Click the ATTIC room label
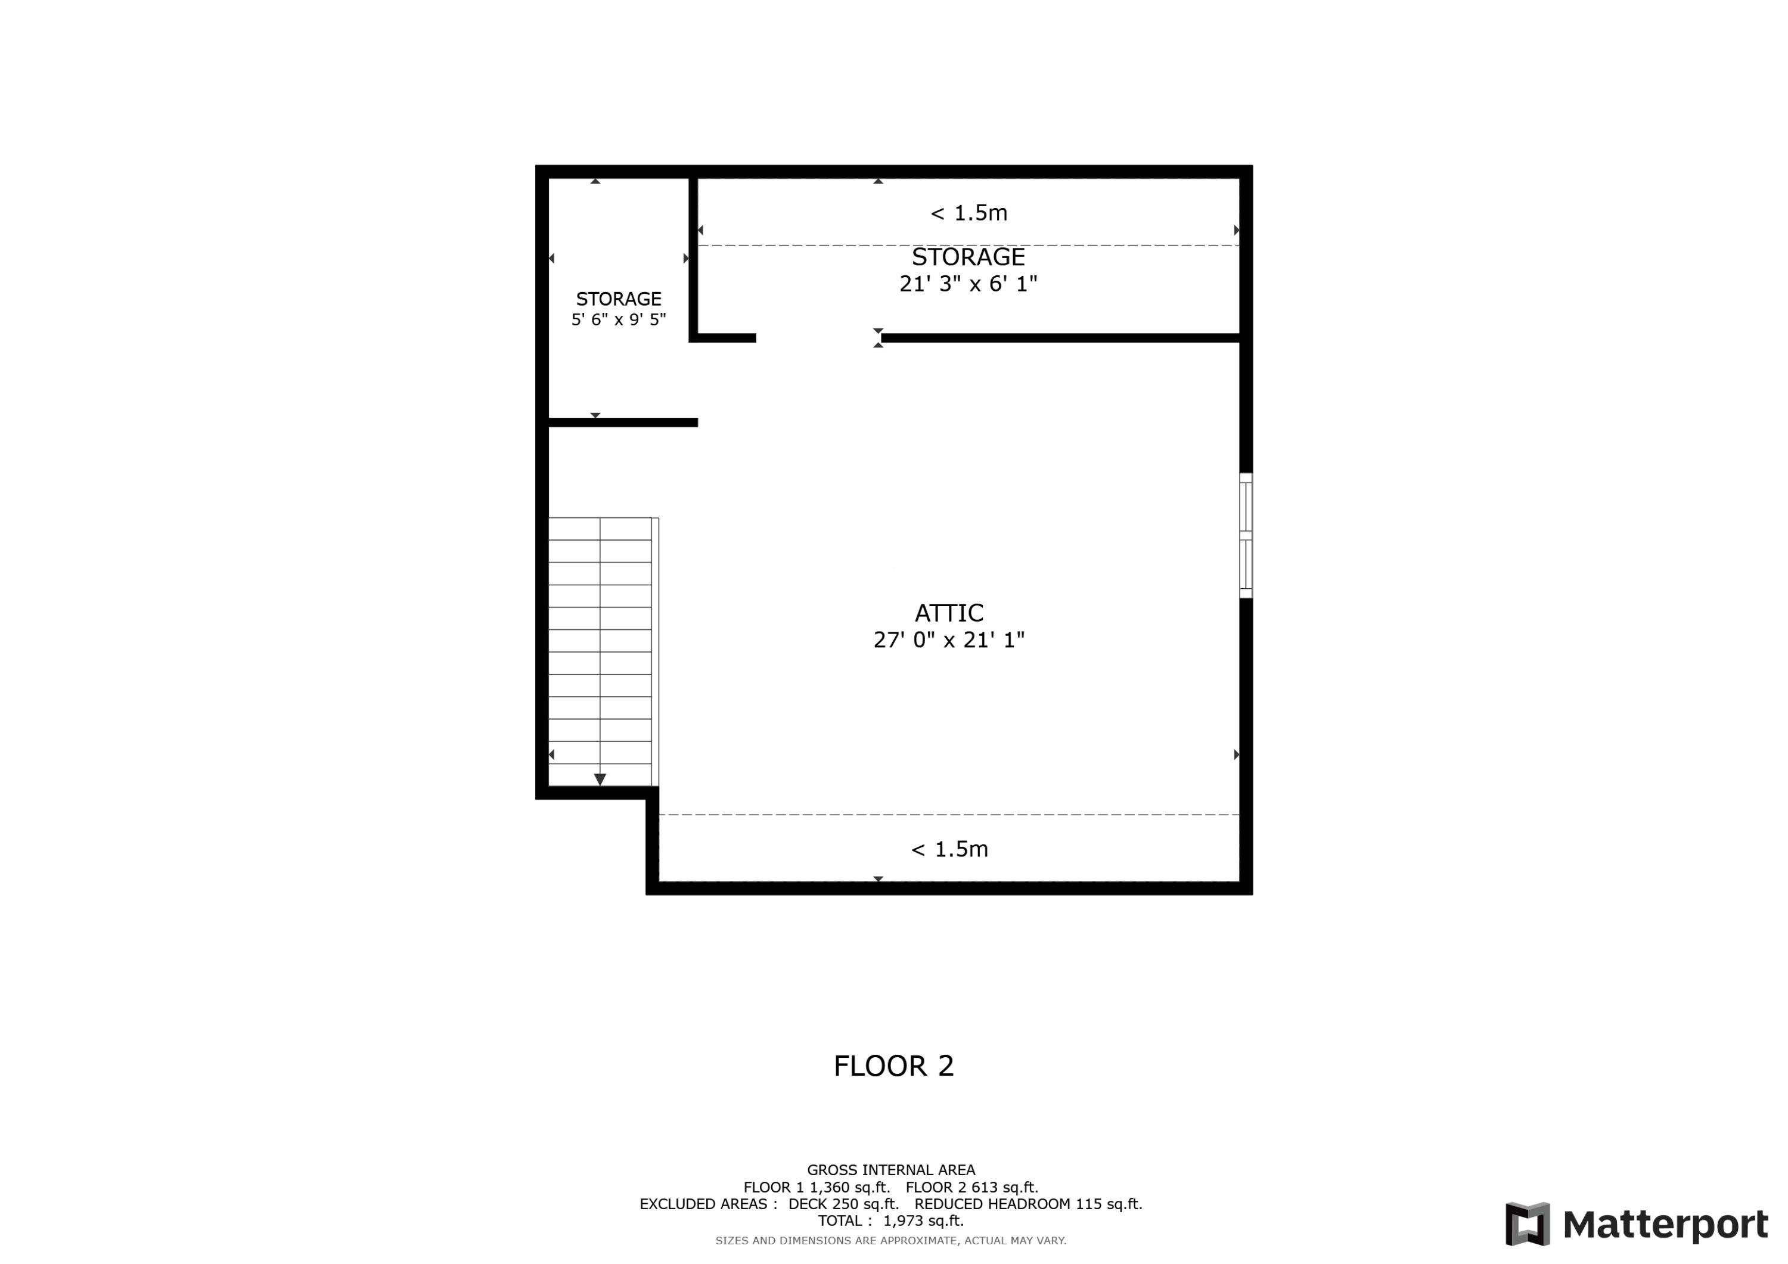coord(948,613)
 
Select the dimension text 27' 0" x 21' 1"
coord(948,640)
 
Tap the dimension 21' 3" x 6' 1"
coord(968,284)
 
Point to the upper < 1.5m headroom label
coord(968,213)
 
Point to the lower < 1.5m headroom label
coord(949,849)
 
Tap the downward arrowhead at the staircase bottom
coord(600,779)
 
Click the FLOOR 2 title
coord(893,1066)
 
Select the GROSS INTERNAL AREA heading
coord(891,1170)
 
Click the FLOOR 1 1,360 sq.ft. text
coord(816,1188)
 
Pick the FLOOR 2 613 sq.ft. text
coord(972,1188)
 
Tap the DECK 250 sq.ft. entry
coord(843,1204)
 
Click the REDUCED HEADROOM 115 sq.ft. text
coord(1028,1204)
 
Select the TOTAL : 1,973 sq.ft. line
coord(891,1221)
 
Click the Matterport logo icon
coord(1527,1224)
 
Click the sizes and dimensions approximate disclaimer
coord(891,1241)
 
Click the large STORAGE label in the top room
coord(968,257)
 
